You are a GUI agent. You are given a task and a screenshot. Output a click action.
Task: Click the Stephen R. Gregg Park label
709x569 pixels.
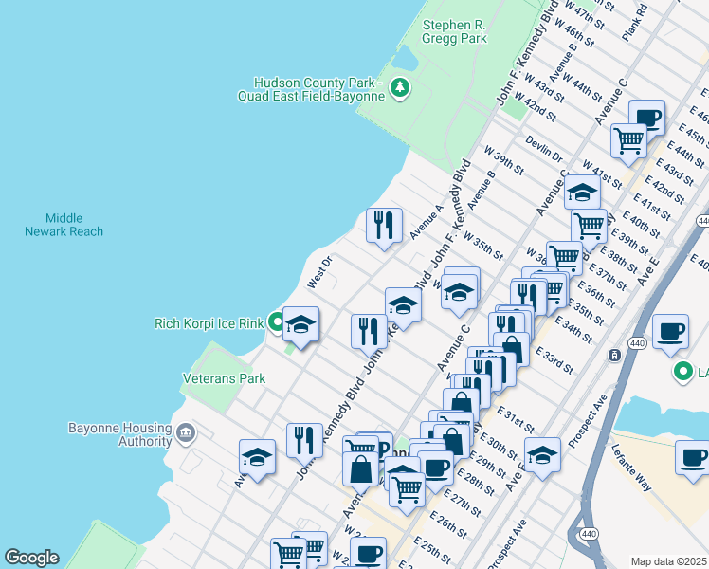click(x=455, y=31)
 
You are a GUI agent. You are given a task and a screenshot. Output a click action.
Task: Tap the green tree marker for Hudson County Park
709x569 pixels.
click(x=401, y=88)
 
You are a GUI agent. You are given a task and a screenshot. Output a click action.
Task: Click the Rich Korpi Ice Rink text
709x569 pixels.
click(x=209, y=323)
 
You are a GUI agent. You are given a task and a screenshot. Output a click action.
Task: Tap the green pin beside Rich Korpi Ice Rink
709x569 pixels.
click(x=276, y=322)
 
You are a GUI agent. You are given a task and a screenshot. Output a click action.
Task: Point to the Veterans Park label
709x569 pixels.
click(x=224, y=378)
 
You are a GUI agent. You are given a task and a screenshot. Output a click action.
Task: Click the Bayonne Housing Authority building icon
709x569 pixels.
click(x=185, y=434)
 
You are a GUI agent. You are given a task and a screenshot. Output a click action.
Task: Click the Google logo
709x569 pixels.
click(x=30, y=558)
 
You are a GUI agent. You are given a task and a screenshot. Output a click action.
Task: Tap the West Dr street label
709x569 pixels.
click(x=319, y=272)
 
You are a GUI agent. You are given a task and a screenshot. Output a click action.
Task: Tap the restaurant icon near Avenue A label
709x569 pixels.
click(x=384, y=225)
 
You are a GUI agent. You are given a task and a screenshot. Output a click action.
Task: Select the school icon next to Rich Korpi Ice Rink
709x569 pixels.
click(x=301, y=324)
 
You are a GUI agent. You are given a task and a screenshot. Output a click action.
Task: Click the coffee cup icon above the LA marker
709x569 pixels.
click(x=670, y=331)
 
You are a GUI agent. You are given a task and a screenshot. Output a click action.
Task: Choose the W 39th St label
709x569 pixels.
click(x=503, y=160)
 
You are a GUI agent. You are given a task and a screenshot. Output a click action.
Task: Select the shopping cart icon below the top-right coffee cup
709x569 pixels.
click(x=628, y=139)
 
